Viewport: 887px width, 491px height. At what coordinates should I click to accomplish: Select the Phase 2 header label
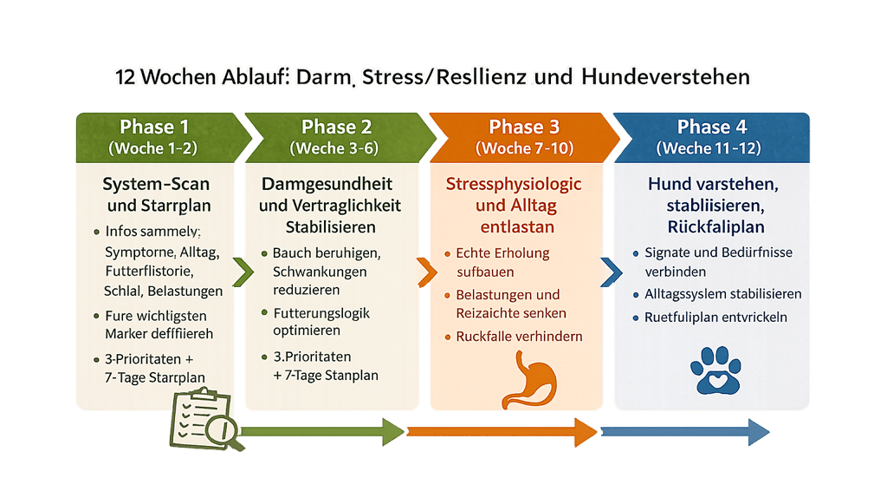tap(335, 127)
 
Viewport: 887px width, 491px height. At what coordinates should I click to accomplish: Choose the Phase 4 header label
tap(709, 127)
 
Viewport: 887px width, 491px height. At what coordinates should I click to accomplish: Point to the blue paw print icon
tap(714, 371)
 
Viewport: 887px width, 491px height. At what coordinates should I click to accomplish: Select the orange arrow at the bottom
tap(502, 431)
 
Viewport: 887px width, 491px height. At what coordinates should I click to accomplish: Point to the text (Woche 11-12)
tap(709, 148)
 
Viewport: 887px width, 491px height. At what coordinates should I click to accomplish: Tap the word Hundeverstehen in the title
tap(665, 77)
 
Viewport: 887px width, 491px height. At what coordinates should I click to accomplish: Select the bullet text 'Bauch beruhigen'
tap(326, 254)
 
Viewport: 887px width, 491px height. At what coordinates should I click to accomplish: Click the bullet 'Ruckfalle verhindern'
tap(519, 336)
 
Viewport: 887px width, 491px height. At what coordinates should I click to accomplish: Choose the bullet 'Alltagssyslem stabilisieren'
tap(722, 293)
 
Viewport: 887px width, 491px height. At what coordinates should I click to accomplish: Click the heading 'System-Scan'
tap(156, 185)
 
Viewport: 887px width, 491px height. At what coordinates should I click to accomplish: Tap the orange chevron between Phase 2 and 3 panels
tap(425, 273)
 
